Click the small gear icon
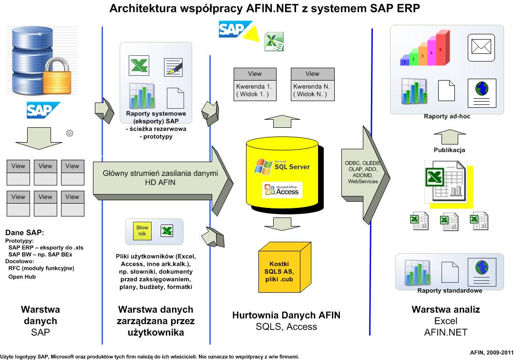tap(70, 133)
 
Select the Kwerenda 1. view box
tap(255, 84)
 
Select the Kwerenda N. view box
tap(312, 84)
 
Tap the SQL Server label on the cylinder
tap(292, 167)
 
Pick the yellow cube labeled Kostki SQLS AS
tap(285, 267)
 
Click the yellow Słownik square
tap(142, 230)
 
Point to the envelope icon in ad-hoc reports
tap(481, 47)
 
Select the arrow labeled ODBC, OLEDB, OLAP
tap(366, 175)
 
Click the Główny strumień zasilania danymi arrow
tap(163, 181)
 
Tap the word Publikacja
tap(449, 150)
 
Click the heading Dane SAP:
tap(25, 233)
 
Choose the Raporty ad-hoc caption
tap(447, 116)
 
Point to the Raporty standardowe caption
tap(450, 290)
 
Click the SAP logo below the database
tap(43, 110)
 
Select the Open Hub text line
tap(22, 277)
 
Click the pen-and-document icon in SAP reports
tap(173, 67)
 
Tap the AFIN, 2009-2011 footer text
tap(492, 352)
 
